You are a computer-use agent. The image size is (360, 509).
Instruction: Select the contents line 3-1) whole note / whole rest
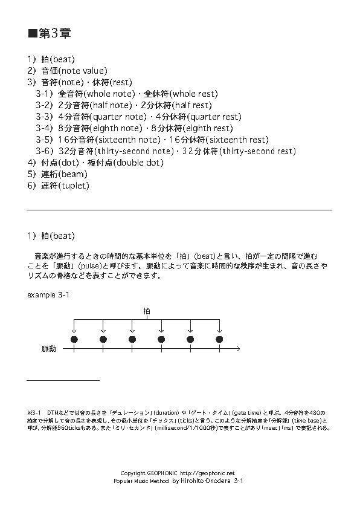[126, 94]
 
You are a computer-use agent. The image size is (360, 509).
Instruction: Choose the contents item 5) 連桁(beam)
[58, 174]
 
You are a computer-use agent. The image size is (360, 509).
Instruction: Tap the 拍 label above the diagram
[147, 311]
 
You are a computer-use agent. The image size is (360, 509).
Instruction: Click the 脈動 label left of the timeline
[49, 349]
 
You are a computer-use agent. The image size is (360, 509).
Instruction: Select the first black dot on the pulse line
[74, 340]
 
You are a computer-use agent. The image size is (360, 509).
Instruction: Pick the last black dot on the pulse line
[219, 340]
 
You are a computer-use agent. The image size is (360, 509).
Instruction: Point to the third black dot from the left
[132, 340]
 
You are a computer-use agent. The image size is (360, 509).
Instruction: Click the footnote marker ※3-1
[34, 412]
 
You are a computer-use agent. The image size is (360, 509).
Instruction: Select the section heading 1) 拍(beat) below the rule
[51, 235]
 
